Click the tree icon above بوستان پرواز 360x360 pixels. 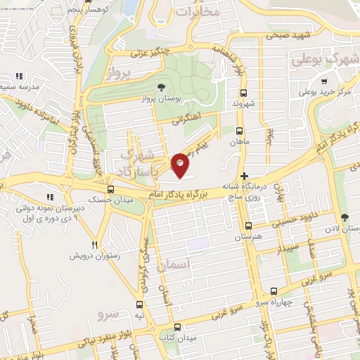[162, 88]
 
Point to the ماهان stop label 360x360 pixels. [240, 142]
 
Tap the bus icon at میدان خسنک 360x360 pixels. [110, 189]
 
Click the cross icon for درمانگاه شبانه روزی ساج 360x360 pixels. [244, 176]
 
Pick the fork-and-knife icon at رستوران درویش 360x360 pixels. [94, 245]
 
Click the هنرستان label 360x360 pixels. [248, 237]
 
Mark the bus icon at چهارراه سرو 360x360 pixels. [274, 291]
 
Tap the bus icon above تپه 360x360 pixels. [139, 304]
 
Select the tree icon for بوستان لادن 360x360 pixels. [344, 217]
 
